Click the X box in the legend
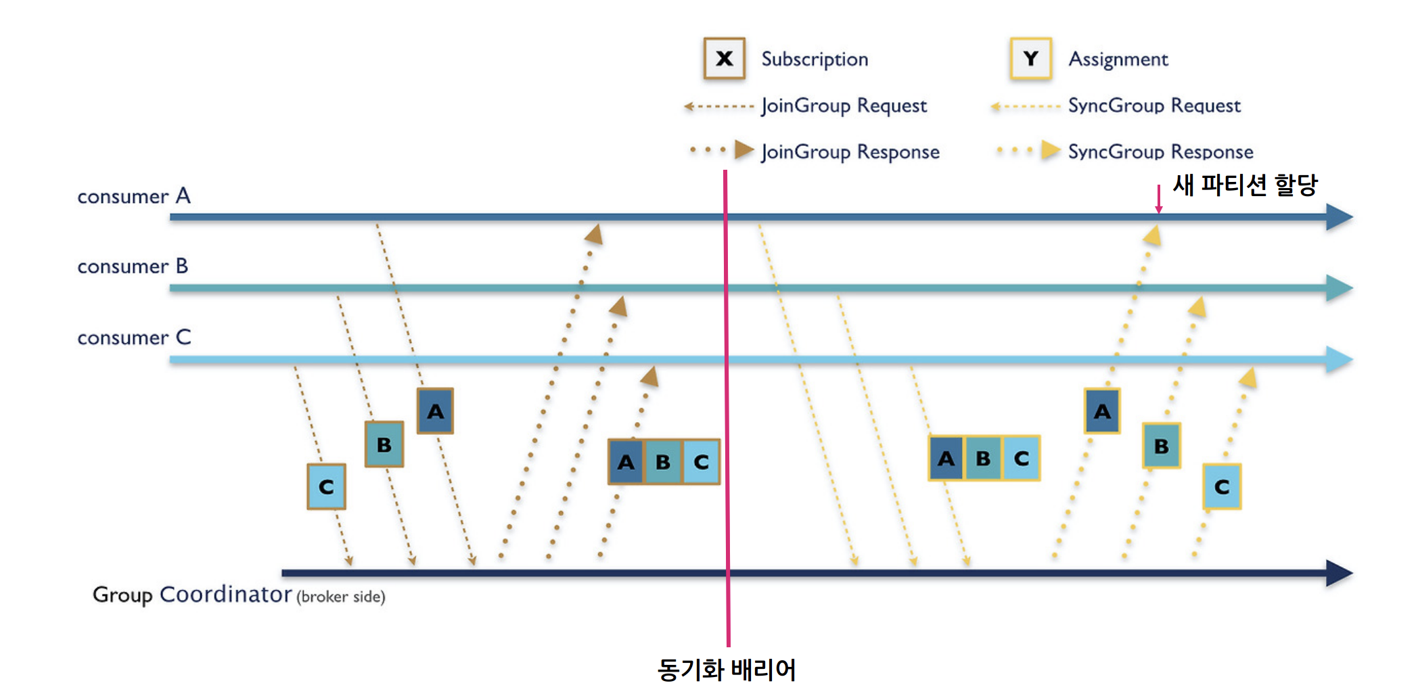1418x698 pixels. coord(724,59)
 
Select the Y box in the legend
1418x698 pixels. coord(1030,59)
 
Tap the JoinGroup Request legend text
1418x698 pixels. coord(844,106)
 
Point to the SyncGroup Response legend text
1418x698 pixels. coord(1160,152)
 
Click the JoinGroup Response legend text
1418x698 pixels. coord(850,152)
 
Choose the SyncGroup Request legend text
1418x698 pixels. coord(1154,106)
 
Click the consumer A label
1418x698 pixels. coord(134,196)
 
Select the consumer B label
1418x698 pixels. coord(133,266)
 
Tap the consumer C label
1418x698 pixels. coord(134,338)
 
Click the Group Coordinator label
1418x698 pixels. coord(192,595)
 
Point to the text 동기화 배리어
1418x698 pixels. coord(727,670)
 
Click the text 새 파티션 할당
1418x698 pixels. coord(1245,185)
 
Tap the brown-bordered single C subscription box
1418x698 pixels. coord(326,486)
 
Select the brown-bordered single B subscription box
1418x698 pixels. coord(384,444)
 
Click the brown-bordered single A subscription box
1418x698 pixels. coord(435,411)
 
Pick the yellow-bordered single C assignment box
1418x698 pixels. coord(1222,486)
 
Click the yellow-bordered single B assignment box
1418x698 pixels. coord(1162,446)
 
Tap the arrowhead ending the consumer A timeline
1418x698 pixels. coord(1340,217)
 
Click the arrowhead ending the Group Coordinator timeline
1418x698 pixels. coord(1340,573)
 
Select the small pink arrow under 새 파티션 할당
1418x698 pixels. coord(1159,200)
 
